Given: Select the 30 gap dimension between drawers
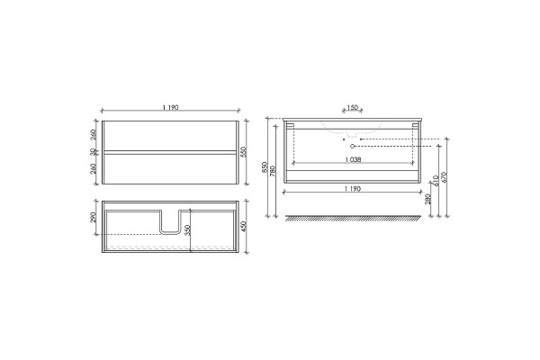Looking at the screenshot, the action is coord(93,152).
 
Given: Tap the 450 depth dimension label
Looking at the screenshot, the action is coord(244,226).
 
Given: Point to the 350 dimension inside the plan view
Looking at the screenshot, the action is coord(187,230).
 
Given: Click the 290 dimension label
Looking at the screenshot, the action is coord(93,217).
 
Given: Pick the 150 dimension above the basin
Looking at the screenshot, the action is coord(352,107).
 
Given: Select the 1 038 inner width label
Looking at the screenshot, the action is coord(353,160).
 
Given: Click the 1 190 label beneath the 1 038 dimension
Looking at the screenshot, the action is coord(353,189).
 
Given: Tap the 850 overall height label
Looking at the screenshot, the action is coord(265,167).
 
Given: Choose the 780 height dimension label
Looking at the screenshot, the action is coord(273,171).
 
